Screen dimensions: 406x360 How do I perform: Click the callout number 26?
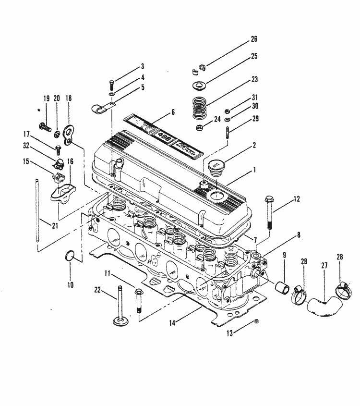click(254, 39)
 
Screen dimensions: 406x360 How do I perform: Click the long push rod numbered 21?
click(37, 212)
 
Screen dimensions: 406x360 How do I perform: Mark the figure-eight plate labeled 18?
click(70, 133)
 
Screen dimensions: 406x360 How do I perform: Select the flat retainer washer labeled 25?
click(198, 86)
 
